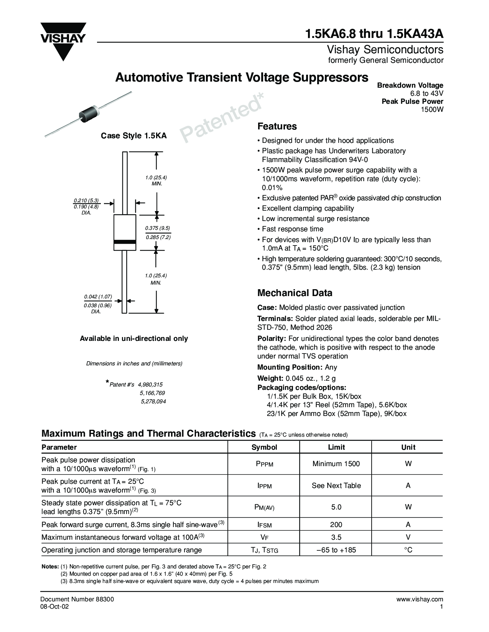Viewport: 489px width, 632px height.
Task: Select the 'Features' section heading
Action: (277, 126)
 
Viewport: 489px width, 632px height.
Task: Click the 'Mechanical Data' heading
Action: (295, 293)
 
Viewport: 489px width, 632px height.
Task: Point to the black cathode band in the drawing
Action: (125, 242)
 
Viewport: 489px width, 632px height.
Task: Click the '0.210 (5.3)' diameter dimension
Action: (86, 200)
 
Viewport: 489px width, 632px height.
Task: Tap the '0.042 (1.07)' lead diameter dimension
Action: (98, 296)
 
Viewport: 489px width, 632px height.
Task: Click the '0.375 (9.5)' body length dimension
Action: (157, 228)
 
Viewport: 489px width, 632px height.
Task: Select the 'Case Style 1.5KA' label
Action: (133, 136)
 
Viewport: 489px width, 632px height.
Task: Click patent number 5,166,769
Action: (152, 393)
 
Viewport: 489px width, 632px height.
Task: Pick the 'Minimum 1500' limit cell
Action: (336, 464)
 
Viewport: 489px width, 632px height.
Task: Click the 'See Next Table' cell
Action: (336, 486)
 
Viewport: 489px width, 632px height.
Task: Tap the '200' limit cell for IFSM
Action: (336, 525)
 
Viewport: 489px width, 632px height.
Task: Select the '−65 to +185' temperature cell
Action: (336, 550)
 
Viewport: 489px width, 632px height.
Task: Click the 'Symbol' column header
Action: (264, 447)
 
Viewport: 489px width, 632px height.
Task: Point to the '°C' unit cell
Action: (408, 550)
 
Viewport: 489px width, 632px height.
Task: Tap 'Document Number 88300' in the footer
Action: (77, 599)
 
